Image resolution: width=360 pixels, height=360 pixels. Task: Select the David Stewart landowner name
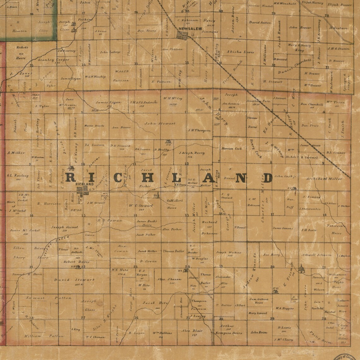(x=75, y=280)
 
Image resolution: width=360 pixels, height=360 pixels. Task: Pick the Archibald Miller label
(x=324, y=179)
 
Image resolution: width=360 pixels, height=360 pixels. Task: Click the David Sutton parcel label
(x=260, y=23)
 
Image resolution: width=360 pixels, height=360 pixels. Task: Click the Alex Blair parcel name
(x=192, y=331)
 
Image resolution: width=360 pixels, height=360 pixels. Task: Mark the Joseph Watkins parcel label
(x=229, y=252)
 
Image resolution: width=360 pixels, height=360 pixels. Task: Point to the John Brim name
(x=259, y=332)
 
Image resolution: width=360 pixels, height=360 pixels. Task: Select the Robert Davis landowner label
(x=76, y=262)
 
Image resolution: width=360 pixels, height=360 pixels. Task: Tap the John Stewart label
(x=160, y=123)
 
